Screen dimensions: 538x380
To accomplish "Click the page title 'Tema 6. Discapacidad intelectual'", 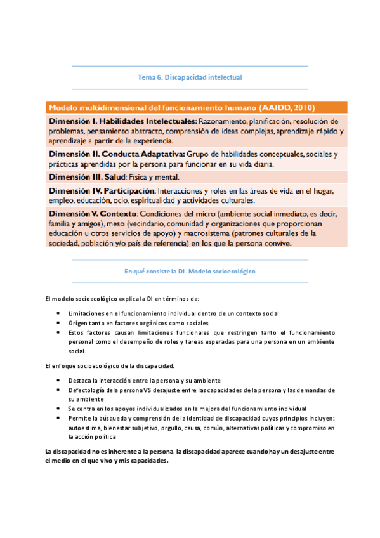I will pos(190,77).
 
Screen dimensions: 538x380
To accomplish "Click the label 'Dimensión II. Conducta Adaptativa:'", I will pos(117,154).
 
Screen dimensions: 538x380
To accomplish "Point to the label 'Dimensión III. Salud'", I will pos(86,176).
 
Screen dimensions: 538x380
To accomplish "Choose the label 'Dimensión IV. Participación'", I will pos(102,191).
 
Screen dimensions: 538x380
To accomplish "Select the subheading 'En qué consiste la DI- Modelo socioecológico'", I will pos(190,270).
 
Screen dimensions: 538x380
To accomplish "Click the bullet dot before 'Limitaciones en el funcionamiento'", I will pos(59,313).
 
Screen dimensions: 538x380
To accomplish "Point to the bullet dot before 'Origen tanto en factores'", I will pos(59,323).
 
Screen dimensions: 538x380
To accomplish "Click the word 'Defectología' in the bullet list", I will pos(88,390).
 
